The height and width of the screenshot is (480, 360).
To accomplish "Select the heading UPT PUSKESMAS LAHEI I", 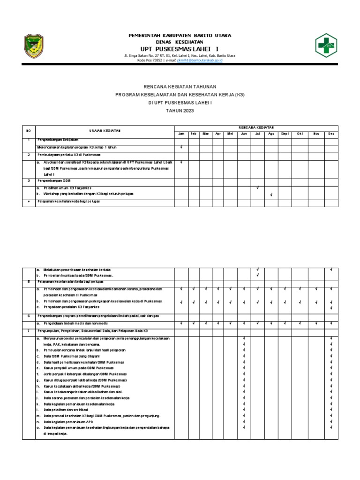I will pos(180,49).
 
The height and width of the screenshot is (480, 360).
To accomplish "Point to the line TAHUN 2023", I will pos(180,110).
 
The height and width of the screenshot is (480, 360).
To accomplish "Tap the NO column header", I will pos(28,130).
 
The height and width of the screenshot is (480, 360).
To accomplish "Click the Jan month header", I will pos(181,134).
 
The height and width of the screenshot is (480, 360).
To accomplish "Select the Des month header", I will pos(331,134).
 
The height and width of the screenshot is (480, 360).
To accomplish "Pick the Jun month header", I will pos(244,134).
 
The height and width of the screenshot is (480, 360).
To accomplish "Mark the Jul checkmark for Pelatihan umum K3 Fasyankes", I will pos(257,187).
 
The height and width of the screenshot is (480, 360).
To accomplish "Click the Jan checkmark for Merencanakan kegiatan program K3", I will pos(181,147).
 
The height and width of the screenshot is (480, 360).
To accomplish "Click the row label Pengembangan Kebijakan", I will pos(58,140).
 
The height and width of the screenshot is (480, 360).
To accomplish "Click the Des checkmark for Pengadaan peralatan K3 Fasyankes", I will pos(331,307).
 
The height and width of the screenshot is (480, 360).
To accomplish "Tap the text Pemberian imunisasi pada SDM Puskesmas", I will pos(78,276).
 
